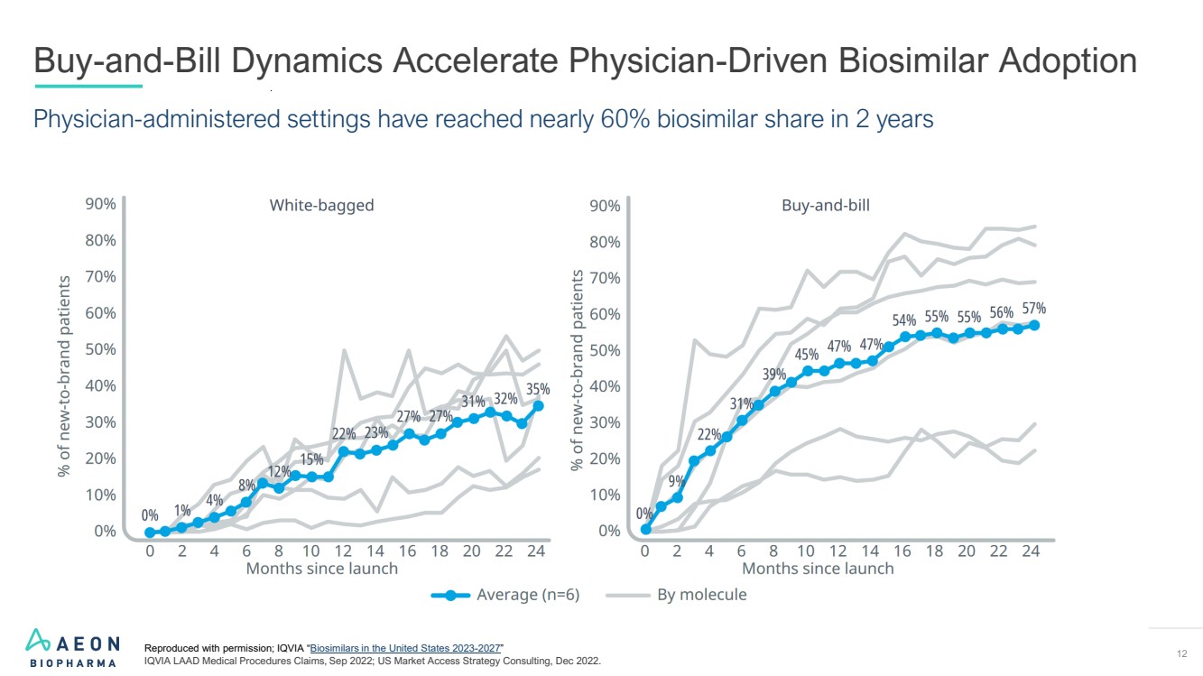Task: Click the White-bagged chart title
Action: (321, 205)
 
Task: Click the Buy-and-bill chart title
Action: (826, 205)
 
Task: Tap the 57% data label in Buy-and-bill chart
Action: (1033, 308)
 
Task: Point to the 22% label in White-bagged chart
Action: (344, 433)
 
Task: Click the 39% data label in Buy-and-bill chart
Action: (773, 375)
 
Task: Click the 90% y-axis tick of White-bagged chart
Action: (100, 204)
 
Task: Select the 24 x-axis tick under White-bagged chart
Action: (536, 551)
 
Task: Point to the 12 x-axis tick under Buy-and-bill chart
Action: (837, 551)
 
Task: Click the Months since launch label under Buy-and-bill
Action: (818, 569)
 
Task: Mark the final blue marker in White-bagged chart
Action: (538, 406)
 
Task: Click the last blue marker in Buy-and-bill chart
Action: (1034, 326)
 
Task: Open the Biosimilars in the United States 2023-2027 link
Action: (405, 648)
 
